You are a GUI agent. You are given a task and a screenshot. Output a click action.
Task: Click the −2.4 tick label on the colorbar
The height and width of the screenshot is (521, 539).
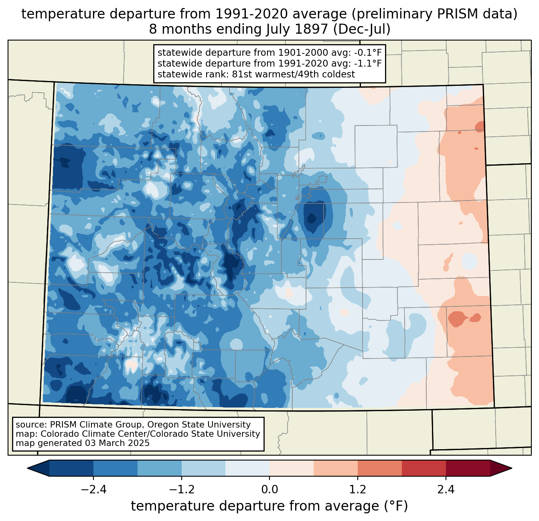tap(93, 490)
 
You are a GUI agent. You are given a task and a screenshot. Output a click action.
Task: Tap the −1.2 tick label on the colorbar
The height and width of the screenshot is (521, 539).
tap(182, 490)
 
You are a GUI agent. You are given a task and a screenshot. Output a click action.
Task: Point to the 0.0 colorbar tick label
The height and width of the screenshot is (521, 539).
tap(269, 490)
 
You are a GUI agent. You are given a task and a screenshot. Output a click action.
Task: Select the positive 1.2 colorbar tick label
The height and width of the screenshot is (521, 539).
tap(358, 490)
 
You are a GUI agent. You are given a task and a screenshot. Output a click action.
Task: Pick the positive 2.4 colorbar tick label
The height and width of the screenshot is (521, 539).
tap(446, 490)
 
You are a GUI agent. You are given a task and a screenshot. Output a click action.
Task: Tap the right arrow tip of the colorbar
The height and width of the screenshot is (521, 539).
tap(511, 468)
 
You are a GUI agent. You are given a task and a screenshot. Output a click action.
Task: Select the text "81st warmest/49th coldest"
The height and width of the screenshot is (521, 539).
tap(293, 74)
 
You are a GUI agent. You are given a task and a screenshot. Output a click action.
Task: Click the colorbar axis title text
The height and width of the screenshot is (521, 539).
tap(269, 506)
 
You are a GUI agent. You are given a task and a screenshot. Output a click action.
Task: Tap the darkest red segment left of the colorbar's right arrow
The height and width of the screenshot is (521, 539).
tap(468, 468)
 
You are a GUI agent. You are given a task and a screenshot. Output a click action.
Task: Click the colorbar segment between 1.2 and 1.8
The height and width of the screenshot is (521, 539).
tap(379, 468)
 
